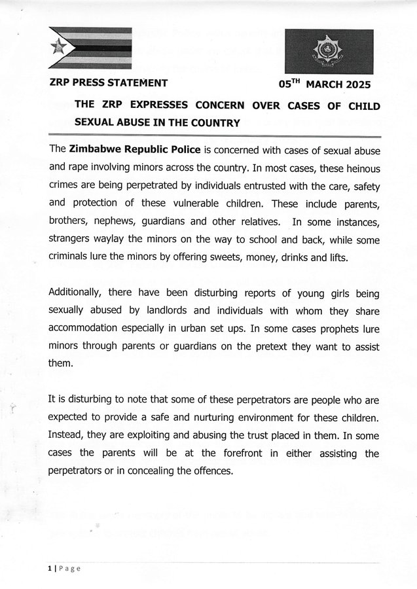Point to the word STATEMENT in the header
pos(137,83)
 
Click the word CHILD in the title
pos(363,105)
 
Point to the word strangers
pos(73,240)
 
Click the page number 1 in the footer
pos(48,568)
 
